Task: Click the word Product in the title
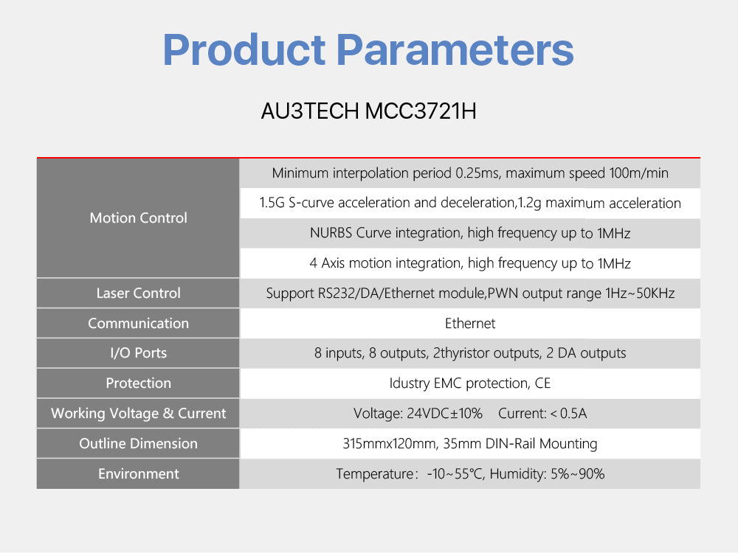(x=244, y=50)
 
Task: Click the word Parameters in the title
(x=455, y=50)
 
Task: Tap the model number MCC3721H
(x=421, y=111)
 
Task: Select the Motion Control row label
(x=139, y=218)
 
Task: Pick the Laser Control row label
(x=139, y=293)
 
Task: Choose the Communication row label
(x=139, y=323)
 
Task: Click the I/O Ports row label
(x=139, y=352)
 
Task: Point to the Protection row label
(x=139, y=383)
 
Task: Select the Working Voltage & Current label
(x=139, y=413)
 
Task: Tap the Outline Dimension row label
(x=139, y=443)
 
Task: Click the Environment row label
(x=139, y=473)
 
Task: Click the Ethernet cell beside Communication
(x=470, y=323)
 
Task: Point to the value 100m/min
(x=638, y=173)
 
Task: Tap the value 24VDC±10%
(x=444, y=414)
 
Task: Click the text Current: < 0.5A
(x=542, y=414)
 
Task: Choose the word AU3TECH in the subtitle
(x=310, y=111)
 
